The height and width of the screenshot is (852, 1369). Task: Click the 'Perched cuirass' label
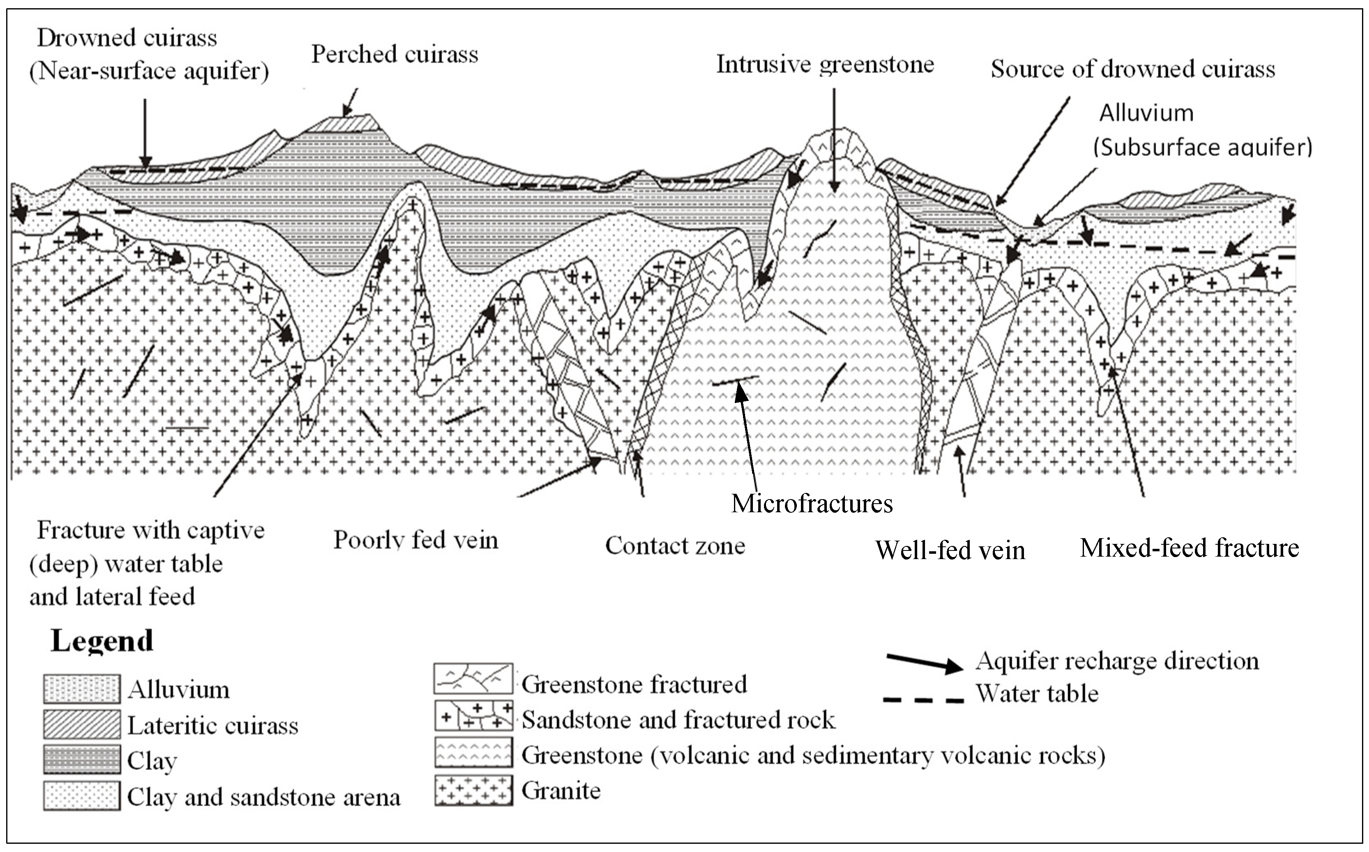394,55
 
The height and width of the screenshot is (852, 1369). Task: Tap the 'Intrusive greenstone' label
825,65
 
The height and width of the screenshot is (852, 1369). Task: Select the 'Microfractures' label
812,503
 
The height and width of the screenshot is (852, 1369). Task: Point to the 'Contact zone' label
675,546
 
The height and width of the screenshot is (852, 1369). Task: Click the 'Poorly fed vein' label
416,540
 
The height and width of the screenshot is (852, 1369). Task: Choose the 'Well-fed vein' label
950,550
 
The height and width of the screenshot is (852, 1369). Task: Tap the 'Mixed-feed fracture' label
1189,548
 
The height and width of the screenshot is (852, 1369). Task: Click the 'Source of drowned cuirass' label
1132,69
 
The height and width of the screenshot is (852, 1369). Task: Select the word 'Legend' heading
102,641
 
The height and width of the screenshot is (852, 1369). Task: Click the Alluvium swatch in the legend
82,689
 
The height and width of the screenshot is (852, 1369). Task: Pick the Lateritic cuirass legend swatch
82,724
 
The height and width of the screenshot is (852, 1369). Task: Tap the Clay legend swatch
82,760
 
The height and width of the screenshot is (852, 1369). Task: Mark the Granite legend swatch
473,790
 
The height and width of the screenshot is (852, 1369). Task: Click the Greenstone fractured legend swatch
473,679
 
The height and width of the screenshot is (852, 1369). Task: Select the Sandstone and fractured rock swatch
473,715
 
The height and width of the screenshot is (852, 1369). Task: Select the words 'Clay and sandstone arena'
264,797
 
